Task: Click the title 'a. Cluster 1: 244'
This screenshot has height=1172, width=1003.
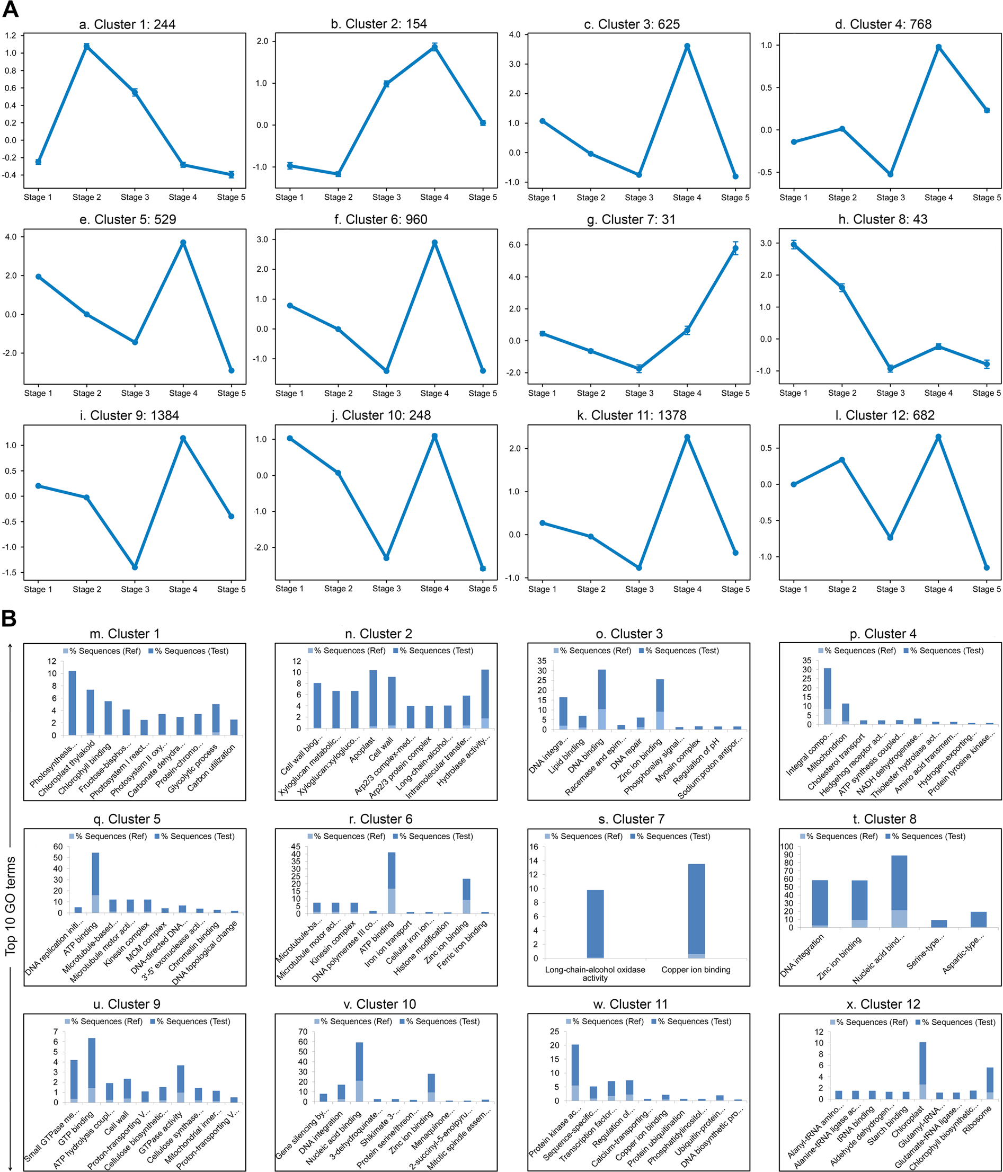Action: pos(127,24)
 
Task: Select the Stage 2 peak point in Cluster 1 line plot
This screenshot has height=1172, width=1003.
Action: pos(86,47)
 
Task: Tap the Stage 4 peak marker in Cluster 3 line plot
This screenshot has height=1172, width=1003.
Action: pos(687,47)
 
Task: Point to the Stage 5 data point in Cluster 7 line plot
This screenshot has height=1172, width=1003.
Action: pos(735,248)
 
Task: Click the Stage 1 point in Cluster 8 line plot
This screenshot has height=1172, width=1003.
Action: pos(794,245)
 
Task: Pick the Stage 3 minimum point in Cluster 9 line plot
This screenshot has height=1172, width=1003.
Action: pos(135,567)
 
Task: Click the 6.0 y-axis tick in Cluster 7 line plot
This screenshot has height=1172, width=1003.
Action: pos(514,245)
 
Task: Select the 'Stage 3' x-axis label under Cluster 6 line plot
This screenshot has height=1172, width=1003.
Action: pos(386,393)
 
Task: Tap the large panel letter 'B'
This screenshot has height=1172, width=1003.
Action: pos(9,619)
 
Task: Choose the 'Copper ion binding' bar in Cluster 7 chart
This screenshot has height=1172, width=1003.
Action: pos(696,911)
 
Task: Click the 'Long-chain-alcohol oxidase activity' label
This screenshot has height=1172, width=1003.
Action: pos(594,973)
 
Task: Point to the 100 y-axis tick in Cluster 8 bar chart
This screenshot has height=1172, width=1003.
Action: pos(787,847)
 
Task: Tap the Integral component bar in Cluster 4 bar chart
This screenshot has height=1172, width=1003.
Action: pos(827,696)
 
